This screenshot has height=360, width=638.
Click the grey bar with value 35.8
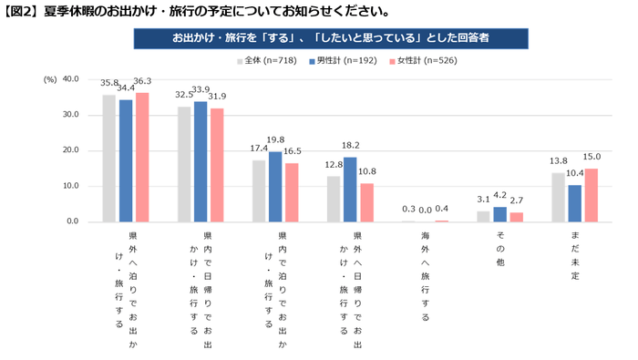[109, 159]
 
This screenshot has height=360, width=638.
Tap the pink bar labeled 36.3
[142, 158]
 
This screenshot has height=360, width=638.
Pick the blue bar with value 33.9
[201, 162]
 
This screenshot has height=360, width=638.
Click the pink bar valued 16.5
[292, 192]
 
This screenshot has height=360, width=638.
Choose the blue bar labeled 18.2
[351, 190]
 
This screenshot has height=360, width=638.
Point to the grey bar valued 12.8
[334, 199]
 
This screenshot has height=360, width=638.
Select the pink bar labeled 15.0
[592, 195]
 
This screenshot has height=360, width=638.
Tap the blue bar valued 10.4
[575, 203]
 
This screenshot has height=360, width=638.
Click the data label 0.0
[426, 210]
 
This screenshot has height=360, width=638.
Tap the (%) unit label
[49, 79]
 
